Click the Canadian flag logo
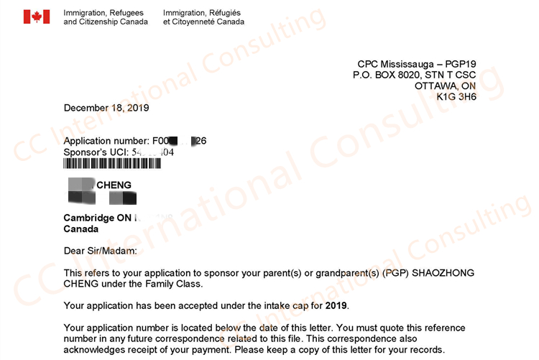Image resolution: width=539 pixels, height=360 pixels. pos(36,17)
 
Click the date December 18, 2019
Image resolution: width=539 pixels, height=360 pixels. pos(106,108)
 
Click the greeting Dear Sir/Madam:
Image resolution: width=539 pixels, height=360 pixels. pos(100,251)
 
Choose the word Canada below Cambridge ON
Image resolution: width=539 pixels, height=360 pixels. pos(81,229)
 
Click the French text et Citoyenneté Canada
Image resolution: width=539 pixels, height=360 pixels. pos(203,22)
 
